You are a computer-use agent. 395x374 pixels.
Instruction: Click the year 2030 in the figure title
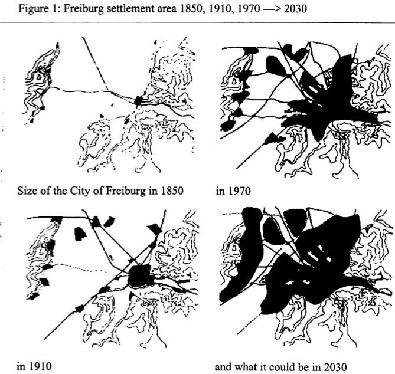point(295,9)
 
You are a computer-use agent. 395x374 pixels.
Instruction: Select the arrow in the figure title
point(272,9)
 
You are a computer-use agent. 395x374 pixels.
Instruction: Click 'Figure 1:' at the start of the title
point(39,9)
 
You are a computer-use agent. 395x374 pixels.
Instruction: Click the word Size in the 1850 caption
point(27,191)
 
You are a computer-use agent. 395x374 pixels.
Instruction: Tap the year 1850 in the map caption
point(172,191)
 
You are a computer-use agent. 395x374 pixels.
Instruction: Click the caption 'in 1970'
point(233,191)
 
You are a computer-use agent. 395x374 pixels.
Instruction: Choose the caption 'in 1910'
point(34,366)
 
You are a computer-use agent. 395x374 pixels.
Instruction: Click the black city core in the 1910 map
point(139,276)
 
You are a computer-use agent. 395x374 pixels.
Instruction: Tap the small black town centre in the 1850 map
point(138,101)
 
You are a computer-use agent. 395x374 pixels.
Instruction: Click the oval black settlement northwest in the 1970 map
point(276,66)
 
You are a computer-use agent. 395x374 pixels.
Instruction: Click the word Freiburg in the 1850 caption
point(125,191)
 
